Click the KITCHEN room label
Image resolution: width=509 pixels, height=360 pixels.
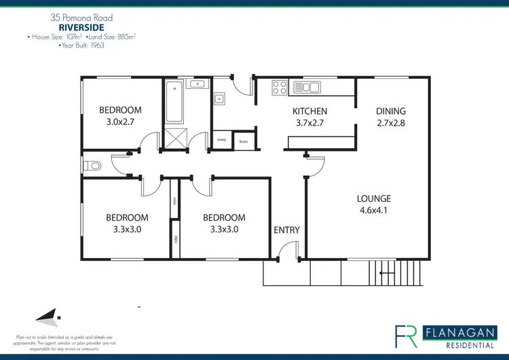coord(309,111)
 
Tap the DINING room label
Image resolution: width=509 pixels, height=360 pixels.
coord(391,111)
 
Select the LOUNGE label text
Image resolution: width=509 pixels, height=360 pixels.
coord(374,199)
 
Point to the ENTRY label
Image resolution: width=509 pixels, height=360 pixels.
coord(286,230)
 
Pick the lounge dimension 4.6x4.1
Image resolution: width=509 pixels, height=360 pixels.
coord(374,211)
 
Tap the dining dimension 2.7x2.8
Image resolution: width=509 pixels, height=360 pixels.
coord(391,123)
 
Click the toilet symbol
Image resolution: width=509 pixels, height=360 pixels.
coord(92,165)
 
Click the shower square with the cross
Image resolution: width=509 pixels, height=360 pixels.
coord(176,139)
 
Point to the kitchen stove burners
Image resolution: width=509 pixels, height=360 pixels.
coord(280,86)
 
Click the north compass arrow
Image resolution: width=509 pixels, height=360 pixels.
coord(48,315)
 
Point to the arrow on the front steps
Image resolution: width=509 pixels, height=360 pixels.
coord(388,273)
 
